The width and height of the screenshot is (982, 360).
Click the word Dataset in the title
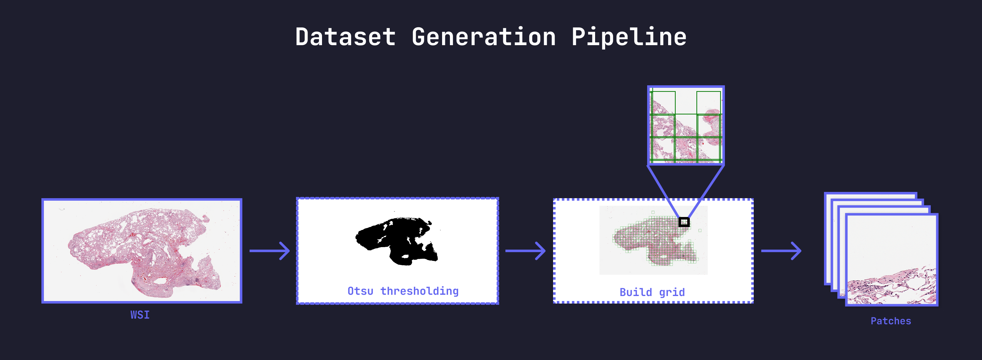tap(346, 37)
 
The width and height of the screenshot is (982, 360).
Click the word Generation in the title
tap(483, 37)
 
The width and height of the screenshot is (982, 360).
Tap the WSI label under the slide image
tap(140, 315)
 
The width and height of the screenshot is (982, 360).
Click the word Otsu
tap(360, 291)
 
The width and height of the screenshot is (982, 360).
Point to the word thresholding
tap(419, 291)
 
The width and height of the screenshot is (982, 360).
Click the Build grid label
tap(652, 293)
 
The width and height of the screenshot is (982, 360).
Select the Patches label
tap(891, 321)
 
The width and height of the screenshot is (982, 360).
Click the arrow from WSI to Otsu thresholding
tap(270, 251)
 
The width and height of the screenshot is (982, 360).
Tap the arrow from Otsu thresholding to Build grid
tap(525, 251)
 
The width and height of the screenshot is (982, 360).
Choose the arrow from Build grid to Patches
tap(781, 251)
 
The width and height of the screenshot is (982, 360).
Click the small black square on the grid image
tap(684, 222)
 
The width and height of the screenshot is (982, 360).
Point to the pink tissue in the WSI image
tap(145, 252)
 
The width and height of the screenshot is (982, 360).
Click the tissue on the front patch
tap(892, 288)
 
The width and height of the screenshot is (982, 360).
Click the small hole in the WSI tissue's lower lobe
tap(161, 281)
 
